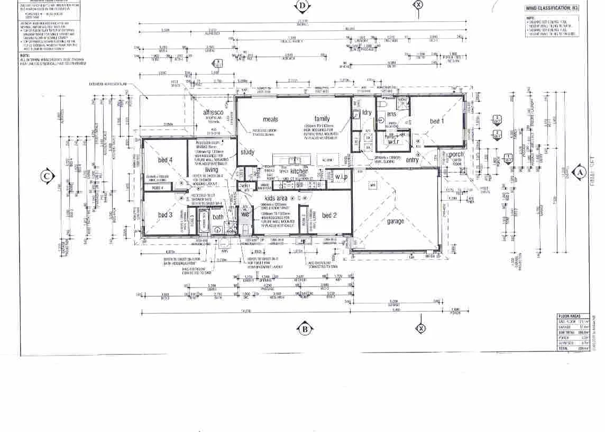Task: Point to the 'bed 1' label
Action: tap(437, 121)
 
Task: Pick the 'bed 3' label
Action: tap(166, 215)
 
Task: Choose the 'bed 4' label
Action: tap(166, 160)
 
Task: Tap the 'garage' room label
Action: tap(395, 221)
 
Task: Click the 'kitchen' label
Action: tap(299, 172)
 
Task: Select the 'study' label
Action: tap(247, 152)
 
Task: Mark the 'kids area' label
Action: tap(276, 198)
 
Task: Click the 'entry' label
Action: tap(412, 160)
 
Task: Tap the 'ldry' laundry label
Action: tap(366, 113)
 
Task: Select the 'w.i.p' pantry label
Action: tap(342, 176)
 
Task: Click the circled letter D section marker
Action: tap(302, 6)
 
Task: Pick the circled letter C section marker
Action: tap(47, 176)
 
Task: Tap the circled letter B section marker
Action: tap(305, 329)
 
